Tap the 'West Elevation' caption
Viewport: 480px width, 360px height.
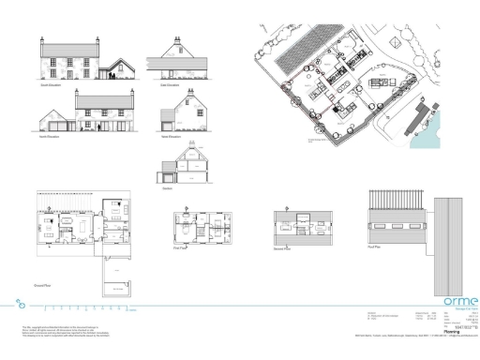[171, 136]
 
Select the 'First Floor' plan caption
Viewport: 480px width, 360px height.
[182, 249]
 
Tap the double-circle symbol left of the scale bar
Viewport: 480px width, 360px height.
[22, 304]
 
